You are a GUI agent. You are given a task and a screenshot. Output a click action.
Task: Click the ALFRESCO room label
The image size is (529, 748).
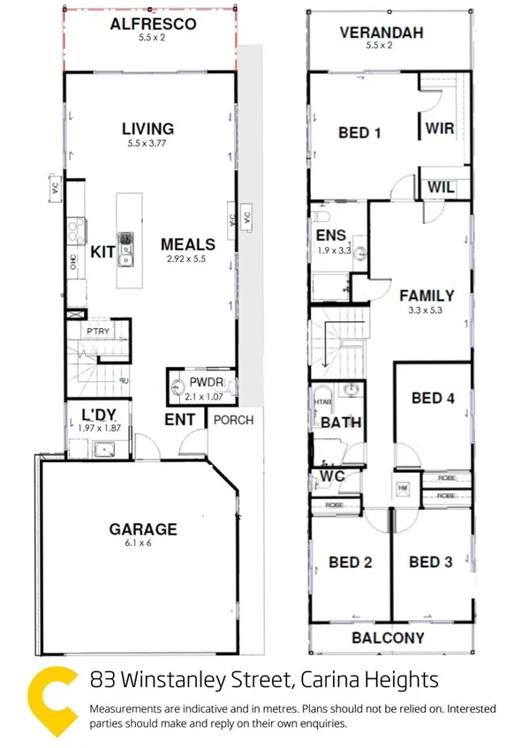coord(153,25)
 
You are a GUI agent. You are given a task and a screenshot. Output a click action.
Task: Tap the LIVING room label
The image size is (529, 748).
coord(147,130)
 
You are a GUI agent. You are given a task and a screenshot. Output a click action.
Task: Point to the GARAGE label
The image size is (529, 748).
coord(143,529)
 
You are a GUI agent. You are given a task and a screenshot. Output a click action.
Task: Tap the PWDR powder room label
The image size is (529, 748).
coord(203,384)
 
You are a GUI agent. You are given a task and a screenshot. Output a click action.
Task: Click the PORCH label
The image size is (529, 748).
coord(233,420)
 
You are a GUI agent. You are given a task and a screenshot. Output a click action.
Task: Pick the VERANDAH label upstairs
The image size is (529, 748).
coord(382,34)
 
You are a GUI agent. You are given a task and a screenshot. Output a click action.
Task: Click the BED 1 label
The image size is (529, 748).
coord(359,133)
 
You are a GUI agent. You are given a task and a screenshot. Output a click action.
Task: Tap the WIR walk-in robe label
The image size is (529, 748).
coord(439,129)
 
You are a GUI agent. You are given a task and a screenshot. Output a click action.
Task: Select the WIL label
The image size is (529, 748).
coord(441,187)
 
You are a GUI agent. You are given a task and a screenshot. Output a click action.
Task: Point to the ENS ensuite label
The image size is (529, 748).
coord(329,236)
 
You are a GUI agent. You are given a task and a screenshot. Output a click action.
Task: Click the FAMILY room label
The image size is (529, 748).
coord(426,295)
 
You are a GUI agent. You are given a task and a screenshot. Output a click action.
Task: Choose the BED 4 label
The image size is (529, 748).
coord(433,398)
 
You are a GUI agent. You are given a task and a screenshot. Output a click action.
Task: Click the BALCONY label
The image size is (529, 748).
coord(389,638)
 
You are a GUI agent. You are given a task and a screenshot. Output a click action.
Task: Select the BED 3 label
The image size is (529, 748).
coord(431,562)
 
